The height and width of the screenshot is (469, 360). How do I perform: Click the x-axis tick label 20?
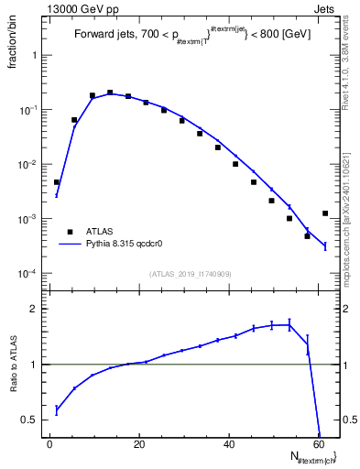click(139, 444)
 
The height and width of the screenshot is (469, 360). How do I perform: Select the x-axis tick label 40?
click(229, 444)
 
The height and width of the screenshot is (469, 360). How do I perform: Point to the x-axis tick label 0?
click(49, 444)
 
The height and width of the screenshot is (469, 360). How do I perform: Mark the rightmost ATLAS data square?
click(325, 213)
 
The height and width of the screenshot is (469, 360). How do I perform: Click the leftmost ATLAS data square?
click(57, 182)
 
